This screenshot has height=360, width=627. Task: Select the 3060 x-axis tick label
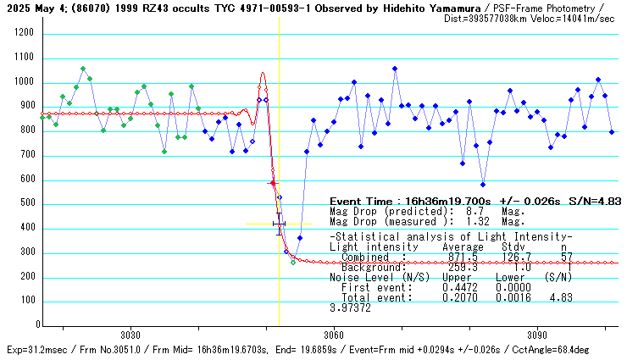point(334,335)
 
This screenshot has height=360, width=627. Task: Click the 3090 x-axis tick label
point(537,335)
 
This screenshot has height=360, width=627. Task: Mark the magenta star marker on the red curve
point(273,183)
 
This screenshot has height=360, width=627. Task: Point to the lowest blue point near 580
point(483,185)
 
